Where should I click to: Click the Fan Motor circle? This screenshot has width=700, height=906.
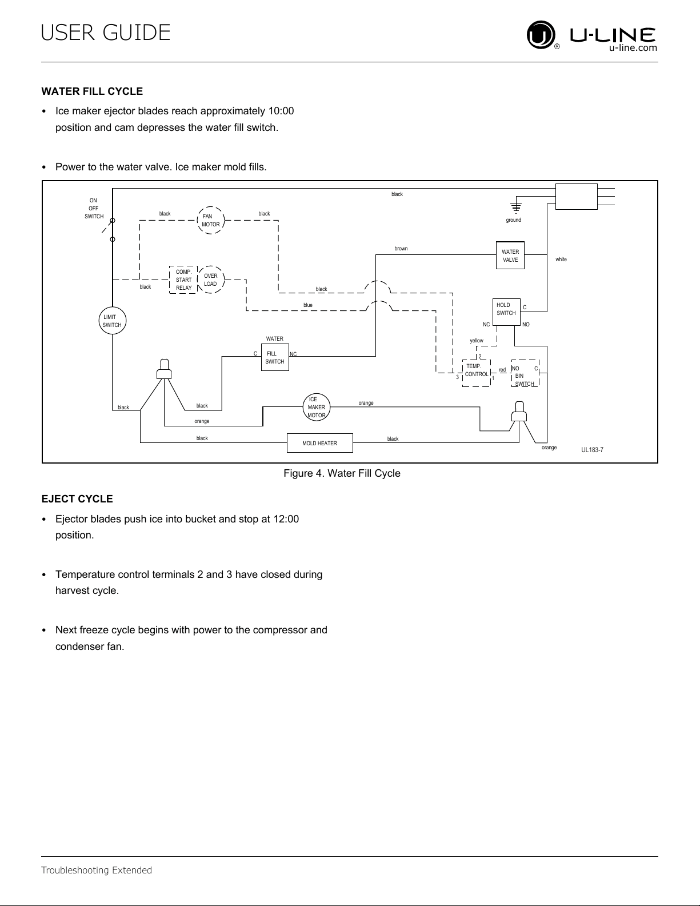(x=198, y=220)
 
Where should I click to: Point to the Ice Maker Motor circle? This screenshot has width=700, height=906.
(x=303, y=407)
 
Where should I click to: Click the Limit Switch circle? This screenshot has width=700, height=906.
(x=99, y=321)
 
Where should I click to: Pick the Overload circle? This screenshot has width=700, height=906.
(x=198, y=280)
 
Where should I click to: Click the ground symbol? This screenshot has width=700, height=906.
(x=516, y=206)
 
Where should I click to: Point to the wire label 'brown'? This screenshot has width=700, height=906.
(x=401, y=249)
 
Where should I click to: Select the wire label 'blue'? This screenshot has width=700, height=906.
(x=308, y=305)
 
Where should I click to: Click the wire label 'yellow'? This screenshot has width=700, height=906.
(x=476, y=341)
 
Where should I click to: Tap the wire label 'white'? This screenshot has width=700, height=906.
(x=561, y=260)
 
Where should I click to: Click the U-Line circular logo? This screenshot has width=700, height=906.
(x=541, y=35)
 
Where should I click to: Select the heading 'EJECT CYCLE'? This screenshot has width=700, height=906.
(x=77, y=499)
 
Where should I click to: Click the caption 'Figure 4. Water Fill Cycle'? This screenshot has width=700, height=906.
(x=342, y=473)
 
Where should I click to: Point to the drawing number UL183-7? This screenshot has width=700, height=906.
(x=592, y=449)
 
